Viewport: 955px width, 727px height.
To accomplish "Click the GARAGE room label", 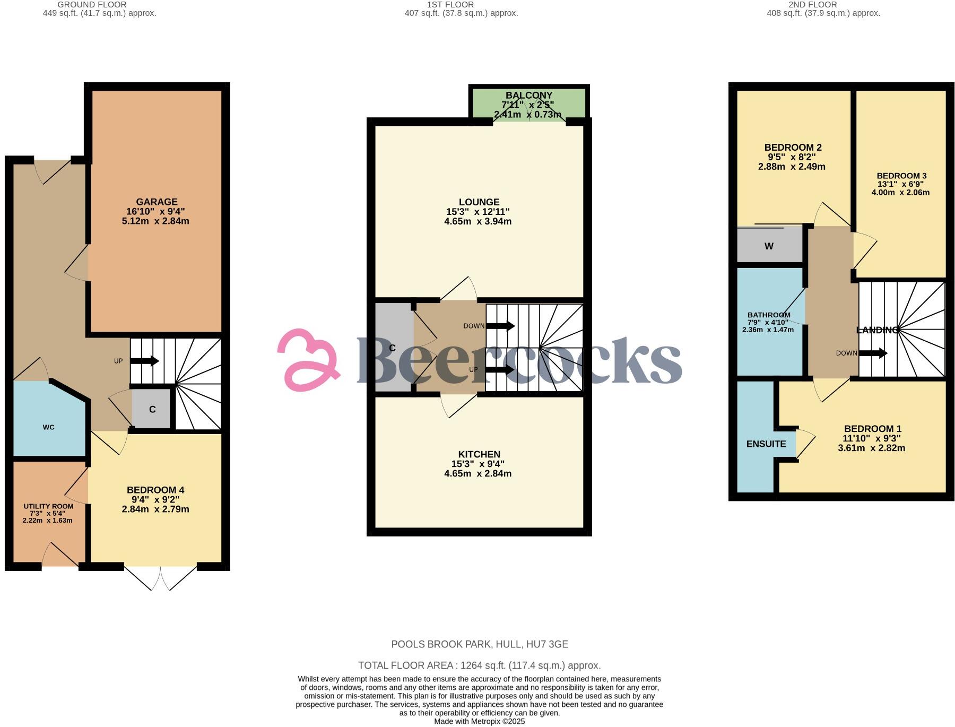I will point(157,202).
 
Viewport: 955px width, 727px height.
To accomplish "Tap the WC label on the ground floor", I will point(48,427).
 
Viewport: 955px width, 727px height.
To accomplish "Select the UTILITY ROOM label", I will point(48,506).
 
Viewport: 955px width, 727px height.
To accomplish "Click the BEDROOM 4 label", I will point(155,490).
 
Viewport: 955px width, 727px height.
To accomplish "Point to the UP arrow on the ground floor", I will point(144,361).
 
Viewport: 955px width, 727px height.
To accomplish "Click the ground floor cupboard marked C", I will point(152,409).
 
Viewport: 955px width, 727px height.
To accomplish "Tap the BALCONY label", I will point(529,96).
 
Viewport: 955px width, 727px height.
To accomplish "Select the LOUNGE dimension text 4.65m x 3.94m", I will point(477,221).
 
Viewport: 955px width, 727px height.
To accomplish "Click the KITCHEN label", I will point(479,454).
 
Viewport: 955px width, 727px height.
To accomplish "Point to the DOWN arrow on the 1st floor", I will point(500,326).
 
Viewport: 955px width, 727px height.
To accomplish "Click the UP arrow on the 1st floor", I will point(500,369).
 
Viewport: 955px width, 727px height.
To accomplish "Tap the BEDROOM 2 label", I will point(793,148).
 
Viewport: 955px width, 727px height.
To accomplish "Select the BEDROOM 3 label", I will point(901,176).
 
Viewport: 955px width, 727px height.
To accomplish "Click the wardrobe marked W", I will point(769,246).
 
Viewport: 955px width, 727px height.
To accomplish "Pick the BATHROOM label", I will point(769,315).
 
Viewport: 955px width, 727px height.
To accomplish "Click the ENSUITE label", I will point(766,444).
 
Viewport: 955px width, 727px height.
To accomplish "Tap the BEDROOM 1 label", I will point(872,429).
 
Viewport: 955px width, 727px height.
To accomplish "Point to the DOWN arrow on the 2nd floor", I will point(873,353).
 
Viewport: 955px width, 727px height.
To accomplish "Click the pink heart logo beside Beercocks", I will point(309,360).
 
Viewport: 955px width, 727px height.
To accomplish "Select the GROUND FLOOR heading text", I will point(92,5).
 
